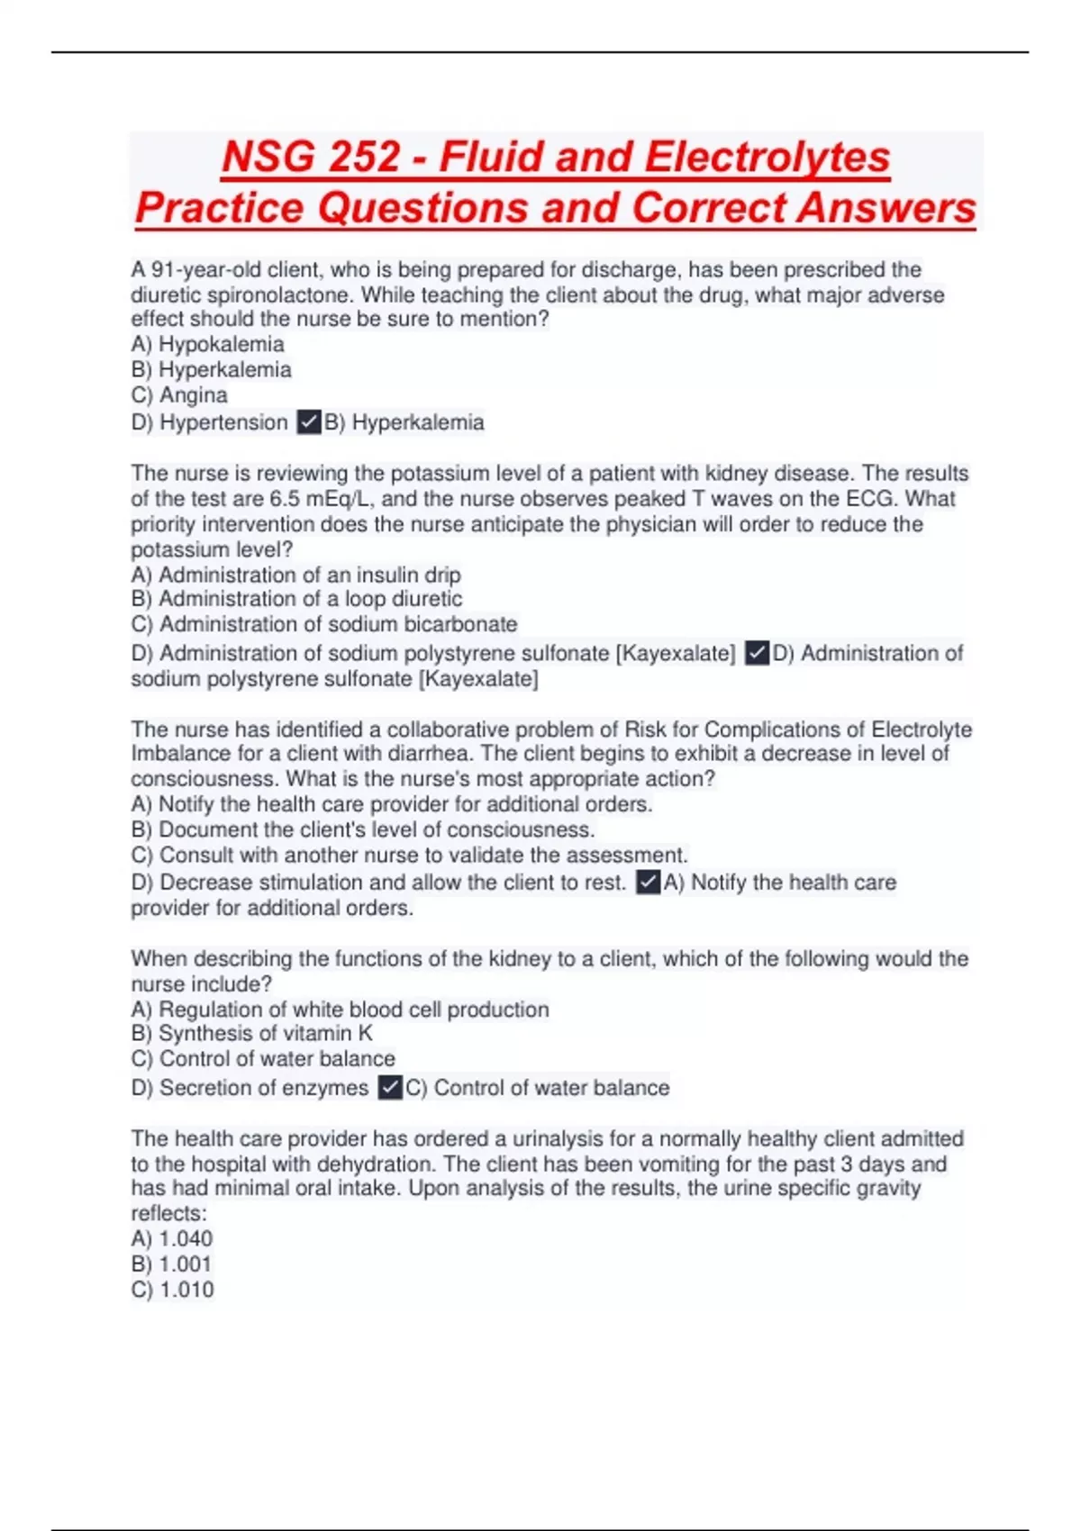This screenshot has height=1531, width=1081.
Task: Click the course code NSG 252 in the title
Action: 311,158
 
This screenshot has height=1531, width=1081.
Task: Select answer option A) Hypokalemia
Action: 207,344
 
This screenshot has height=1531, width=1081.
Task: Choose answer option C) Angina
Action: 179,395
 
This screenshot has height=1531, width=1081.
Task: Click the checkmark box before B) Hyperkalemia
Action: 309,421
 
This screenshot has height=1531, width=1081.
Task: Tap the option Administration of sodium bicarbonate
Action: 324,624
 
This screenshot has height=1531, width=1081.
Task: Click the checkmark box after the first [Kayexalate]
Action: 758,653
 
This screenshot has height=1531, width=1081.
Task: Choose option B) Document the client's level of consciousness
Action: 362,829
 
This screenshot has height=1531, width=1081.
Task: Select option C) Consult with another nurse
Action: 409,855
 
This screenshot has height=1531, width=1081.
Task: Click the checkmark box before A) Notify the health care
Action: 648,882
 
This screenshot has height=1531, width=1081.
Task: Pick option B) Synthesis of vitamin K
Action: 251,1034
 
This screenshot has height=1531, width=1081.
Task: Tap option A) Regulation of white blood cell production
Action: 340,1010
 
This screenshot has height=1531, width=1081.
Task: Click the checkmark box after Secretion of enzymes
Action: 389,1088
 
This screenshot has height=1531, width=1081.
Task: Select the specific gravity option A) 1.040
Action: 172,1239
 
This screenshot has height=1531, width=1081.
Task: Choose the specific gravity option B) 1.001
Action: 171,1264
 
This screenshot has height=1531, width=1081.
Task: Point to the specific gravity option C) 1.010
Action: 172,1290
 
